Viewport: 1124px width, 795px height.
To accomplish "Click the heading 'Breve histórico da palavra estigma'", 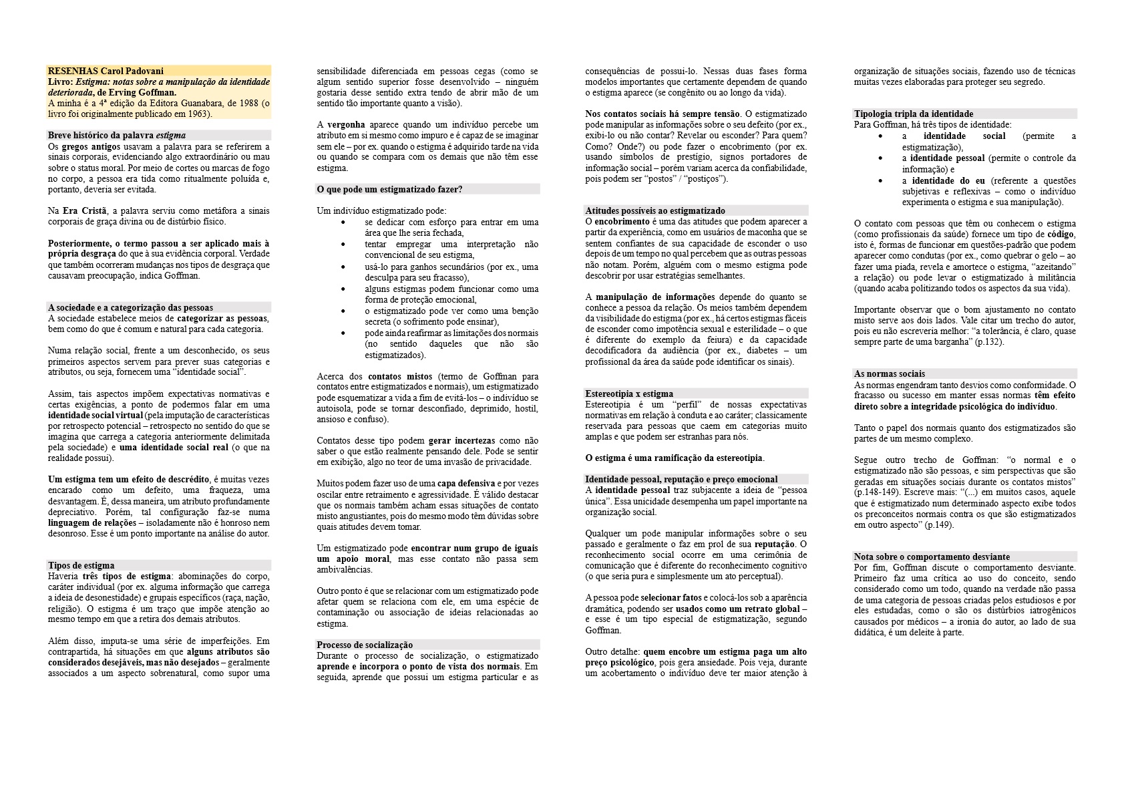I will [x=117, y=135].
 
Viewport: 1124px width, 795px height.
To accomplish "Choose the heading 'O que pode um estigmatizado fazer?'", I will [x=389, y=189].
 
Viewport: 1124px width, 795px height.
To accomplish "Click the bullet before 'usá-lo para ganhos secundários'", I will [x=343, y=267].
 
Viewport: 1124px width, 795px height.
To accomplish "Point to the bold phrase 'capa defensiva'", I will [x=466, y=483].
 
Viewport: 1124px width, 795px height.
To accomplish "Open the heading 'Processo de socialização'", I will [x=365, y=645].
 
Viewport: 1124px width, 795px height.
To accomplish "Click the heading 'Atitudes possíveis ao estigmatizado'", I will [x=654, y=210].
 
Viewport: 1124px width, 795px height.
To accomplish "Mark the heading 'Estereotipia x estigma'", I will [x=629, y=393].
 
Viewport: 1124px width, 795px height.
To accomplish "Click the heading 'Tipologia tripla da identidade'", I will [x=914, y=114].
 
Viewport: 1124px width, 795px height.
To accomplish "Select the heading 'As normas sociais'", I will [x=890, y=373].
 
